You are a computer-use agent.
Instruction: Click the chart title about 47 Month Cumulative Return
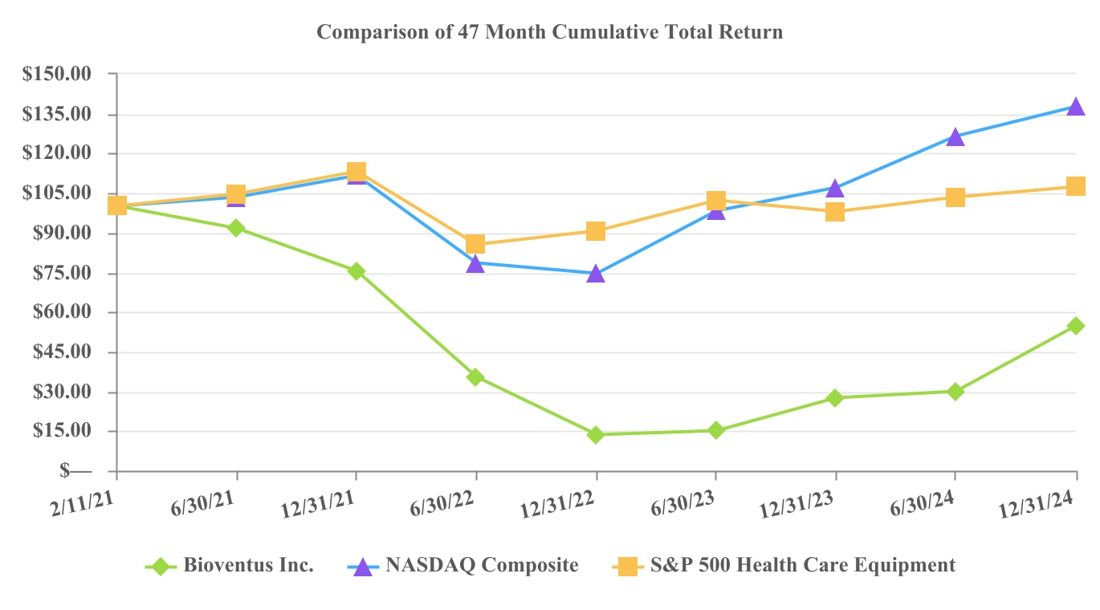click(549, 32)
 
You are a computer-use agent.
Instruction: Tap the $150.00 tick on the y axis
click(57, 74)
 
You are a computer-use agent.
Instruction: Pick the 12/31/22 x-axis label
click(559, 507)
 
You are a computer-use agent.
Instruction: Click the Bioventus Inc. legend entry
click(247, 565)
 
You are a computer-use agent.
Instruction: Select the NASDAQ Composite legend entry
click(482, 565)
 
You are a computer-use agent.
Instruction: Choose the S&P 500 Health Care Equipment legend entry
click(810, 565)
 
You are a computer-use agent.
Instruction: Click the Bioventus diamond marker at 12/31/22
click(595, 434)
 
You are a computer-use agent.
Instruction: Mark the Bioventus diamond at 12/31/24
click(1076, 326)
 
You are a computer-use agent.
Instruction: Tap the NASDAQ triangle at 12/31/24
click(1076, 107)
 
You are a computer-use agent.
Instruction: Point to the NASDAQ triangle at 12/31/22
click(595, 274)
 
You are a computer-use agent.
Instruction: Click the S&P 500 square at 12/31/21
click(356, 172)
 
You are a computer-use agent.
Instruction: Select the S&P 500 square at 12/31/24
click(1076, 186)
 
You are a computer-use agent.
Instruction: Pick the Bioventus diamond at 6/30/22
click(475, 376)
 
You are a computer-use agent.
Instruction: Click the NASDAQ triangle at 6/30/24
click(955, 137)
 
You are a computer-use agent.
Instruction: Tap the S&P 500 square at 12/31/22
click(595, 231)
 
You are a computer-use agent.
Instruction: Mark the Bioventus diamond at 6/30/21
click(236, 228)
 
